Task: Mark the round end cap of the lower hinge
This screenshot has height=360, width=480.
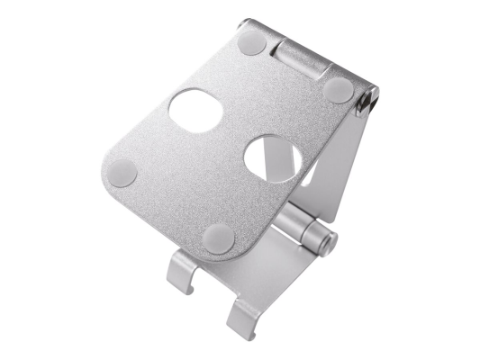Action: pos(330,241)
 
